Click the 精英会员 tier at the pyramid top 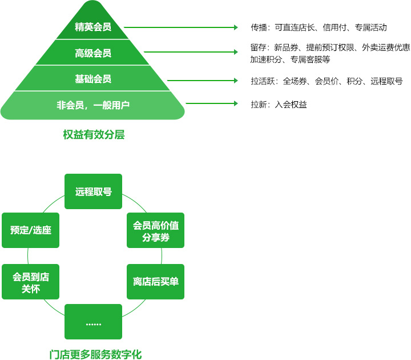pyautogui.click(x=92, y=26)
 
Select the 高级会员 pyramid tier pyautogui.click(x=92, y=53)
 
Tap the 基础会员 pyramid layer pyautogui.click(x=92, y=79)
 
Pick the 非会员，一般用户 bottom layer pyautogui.click(x=92, y=105)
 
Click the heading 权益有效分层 pyautogui.click(x=94, y=135)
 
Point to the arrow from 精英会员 pyautogui.click(x=180, y=27)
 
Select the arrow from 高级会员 pyautogui.click(x=191, y=52)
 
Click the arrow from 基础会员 pyautogui.click(x=202, y=81)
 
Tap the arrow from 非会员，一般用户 pyautogui.click(x=211, y=104)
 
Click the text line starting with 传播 pyautogui.click(x=319, y=27)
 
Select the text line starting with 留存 pyautogui.click(x=330, y=47)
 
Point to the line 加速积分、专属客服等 pyautogui.click(x=289, y=59)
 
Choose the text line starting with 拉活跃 pyautogui.click(x=327, y=81)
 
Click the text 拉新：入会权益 pyautogui.click(x=279, y=104)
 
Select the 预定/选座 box pyautogui.click(x=31, y=230)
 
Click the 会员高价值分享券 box pyautogui.click(x=156, y=230)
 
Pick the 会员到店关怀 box pyautogui.click(x=31, y=282)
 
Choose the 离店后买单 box pyautogui.click(x=156, y=282)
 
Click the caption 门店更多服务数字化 pyautogui.click(x=95, y=354)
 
